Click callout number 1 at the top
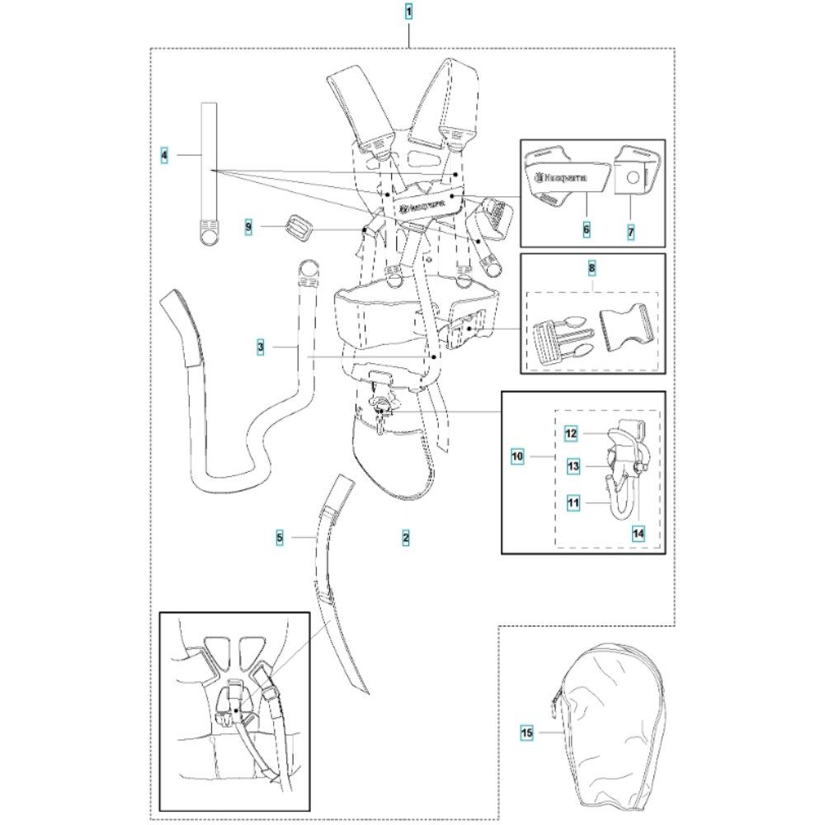coord(408,13)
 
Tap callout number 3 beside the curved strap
coord(261,349)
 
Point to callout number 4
coord(165,154)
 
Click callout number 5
coord(280,537)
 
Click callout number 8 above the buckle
coord(591,269)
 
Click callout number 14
coord(638,534)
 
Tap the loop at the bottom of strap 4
coord(209,232)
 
